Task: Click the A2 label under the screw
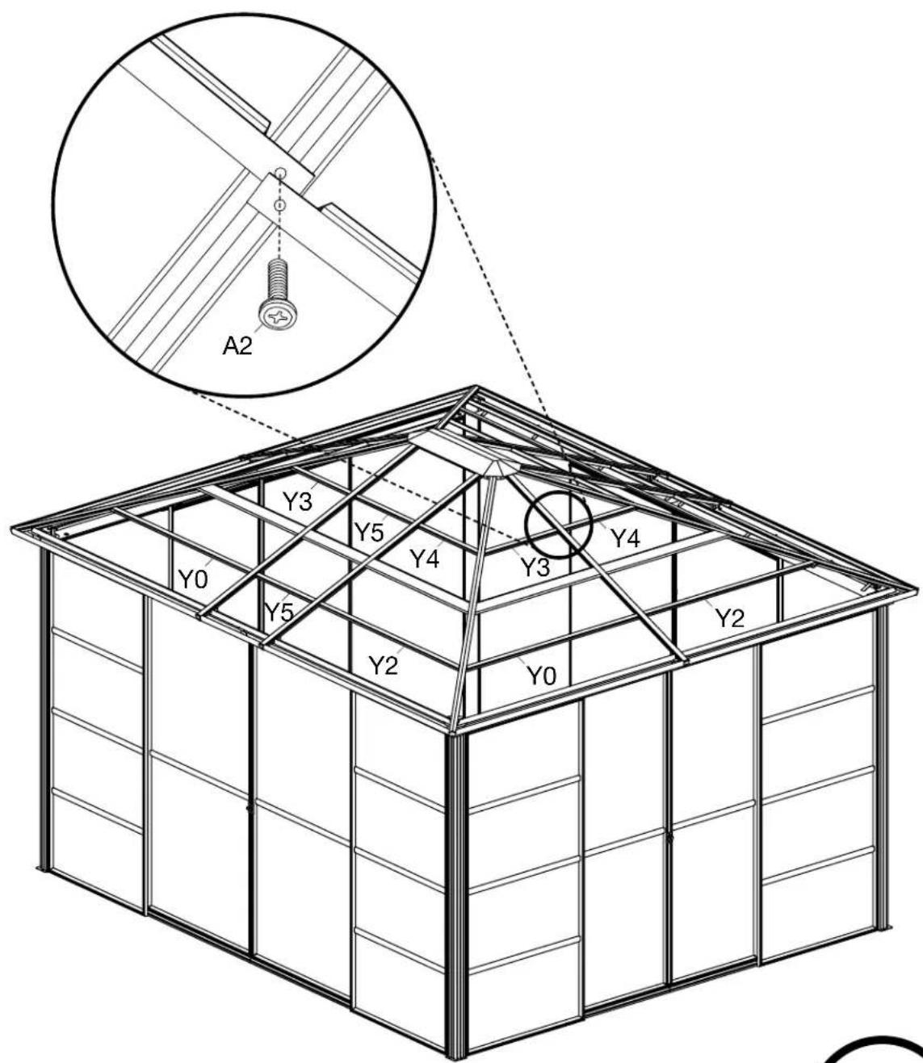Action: [x=237, y=345]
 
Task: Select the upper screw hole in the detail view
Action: [x=279, y=173]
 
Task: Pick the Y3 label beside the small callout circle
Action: [x=535, y=567]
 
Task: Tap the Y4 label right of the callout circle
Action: [x=625, y=539]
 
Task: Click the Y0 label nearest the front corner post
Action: [x=542, y=676]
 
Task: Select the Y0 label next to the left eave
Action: [x=193, y=579]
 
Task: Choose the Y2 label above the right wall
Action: [x=731, y=618]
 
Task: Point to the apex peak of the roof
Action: [x=476, y=387]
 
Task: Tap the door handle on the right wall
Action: [x=669, y=838]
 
